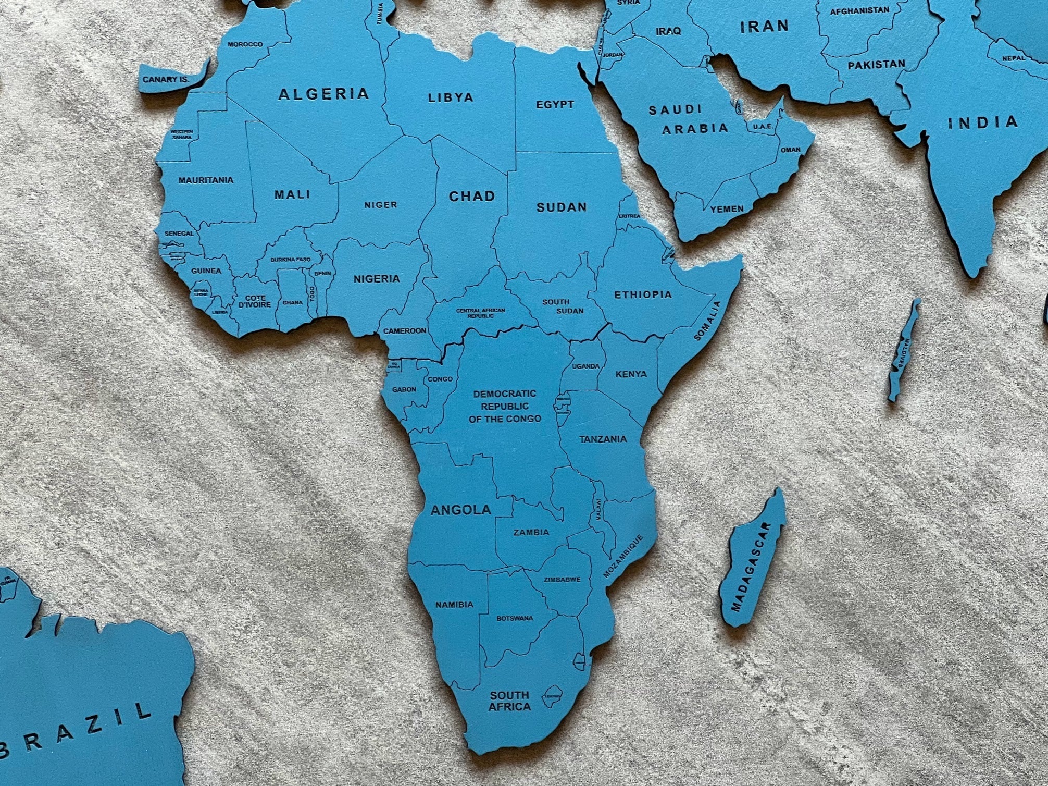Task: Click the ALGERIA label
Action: pyautogui.click(x=323, y=94)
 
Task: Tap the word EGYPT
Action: pyautogui.click(x=555, y=105)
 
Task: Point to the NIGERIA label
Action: pyautogui.click(x=377, y=279)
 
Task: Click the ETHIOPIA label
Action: pyautogui.click(x=643, y=295)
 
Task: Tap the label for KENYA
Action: pyautogui.click(x=631, y=374)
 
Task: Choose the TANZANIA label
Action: pyautogui.click(x=603, y=439)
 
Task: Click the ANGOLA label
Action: pyautogui.click(x=461, y=510)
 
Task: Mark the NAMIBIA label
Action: pyautogui.click(x=454, y=605)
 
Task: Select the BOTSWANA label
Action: pyautogui.click(x=515, y=618)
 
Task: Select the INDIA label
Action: pyautogui.click(x=982, y=123)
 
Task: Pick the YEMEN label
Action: pyautogui.click(x=727, y=209)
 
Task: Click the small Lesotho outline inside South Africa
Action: pyautogui.click(x=552, y=696)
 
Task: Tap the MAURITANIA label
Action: pyautogui.click(x=206, y=180)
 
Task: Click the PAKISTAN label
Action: pyautogui.click(x=876, y=65)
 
